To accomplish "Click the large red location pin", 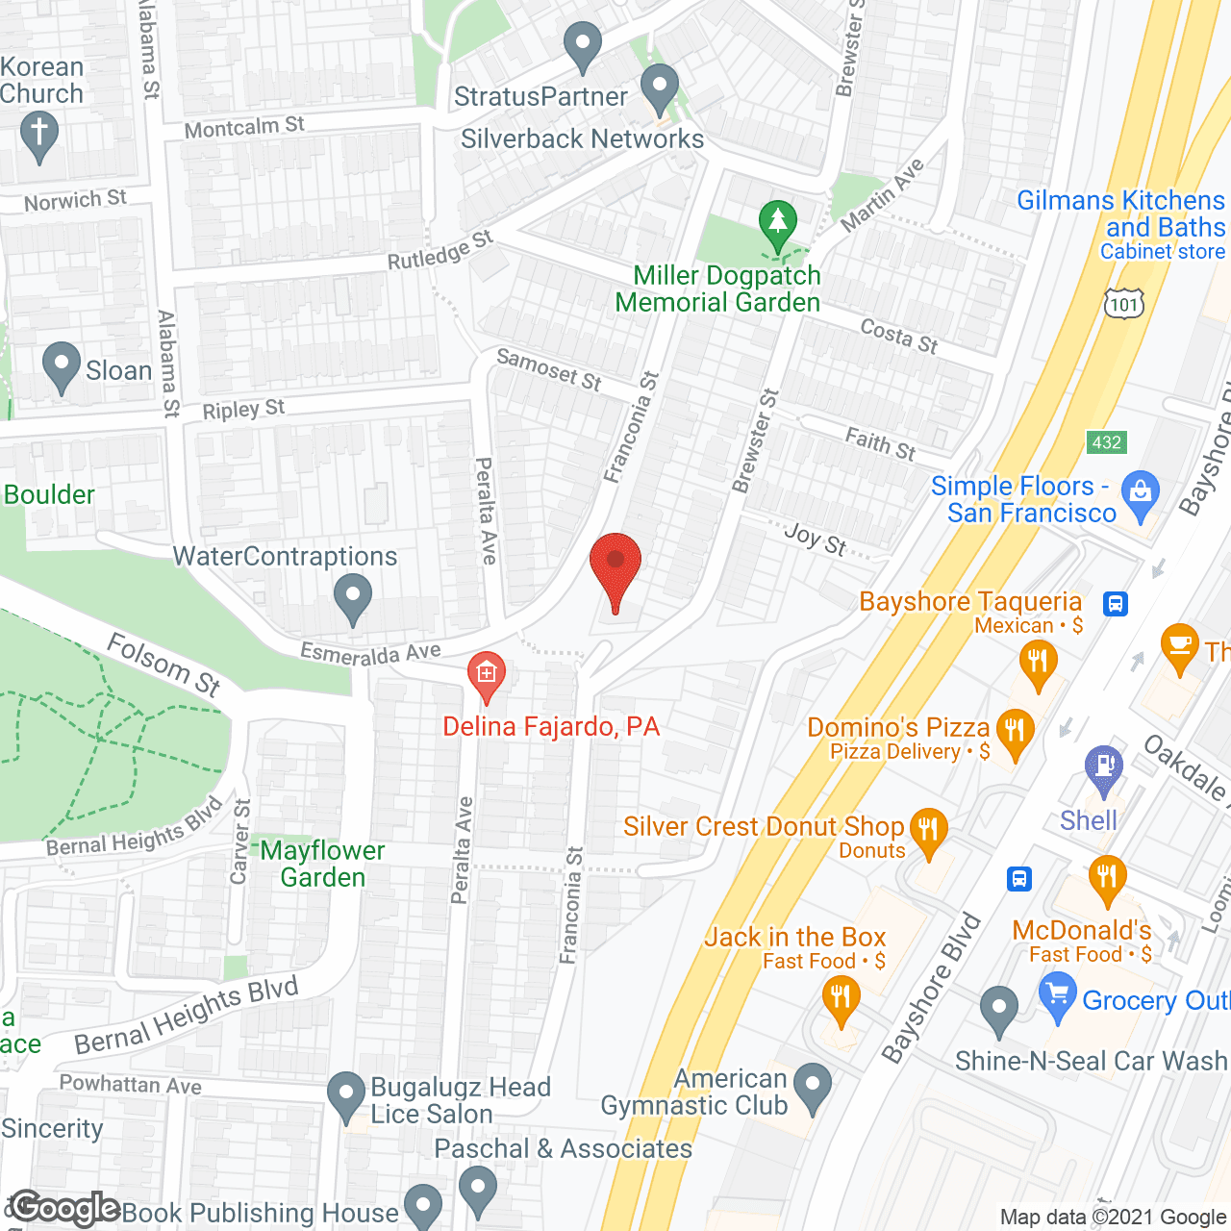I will [x=615, y=567].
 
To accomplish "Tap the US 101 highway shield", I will [x=1123, y=304].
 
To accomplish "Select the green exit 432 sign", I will [x=1106, y=441].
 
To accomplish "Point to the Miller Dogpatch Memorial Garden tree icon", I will [x=777, y=223].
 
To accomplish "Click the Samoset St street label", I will [x=548, y=369].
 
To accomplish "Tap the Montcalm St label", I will [x=244, y=127].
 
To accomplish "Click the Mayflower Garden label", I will [x=322, y=864].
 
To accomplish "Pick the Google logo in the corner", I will [x=65, y=1208].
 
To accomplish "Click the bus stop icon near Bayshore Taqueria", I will [x=1116, y=604].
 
